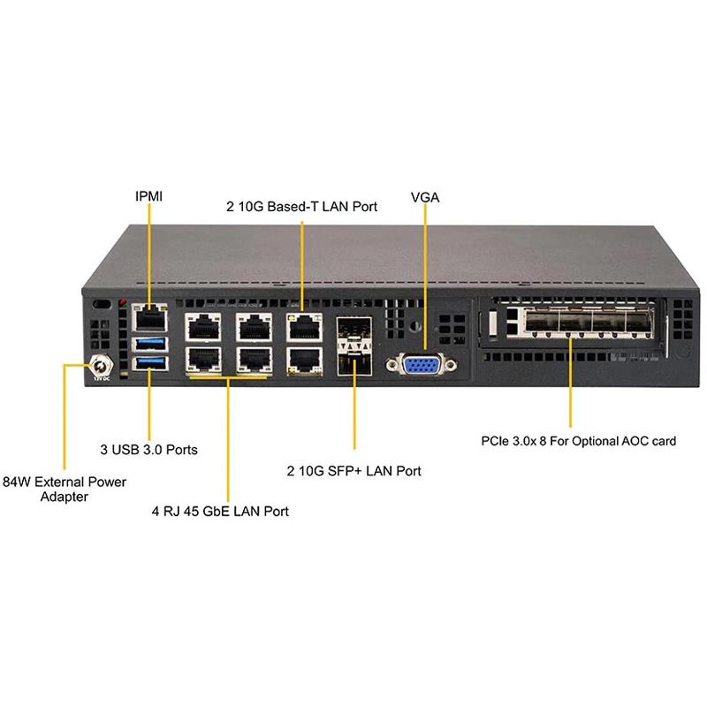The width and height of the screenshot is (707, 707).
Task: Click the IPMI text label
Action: [x=148, y=195]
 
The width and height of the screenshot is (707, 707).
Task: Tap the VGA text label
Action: [x=425, y=198]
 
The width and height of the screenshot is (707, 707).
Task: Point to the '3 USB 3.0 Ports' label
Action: [x=148, y=449]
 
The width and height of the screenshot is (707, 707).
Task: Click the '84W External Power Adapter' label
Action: [x=65, y=489]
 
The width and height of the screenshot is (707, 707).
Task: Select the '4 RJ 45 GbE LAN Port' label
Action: [x=220, y=511]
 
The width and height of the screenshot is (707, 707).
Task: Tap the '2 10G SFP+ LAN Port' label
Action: [x=353, y=471]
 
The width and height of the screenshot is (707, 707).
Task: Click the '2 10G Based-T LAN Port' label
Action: [x=301, y=207]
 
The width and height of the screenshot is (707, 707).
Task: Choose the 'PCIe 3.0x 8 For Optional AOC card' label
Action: [x=579, y=439]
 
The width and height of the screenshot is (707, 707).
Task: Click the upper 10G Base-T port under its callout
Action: [x=303, y=328]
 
